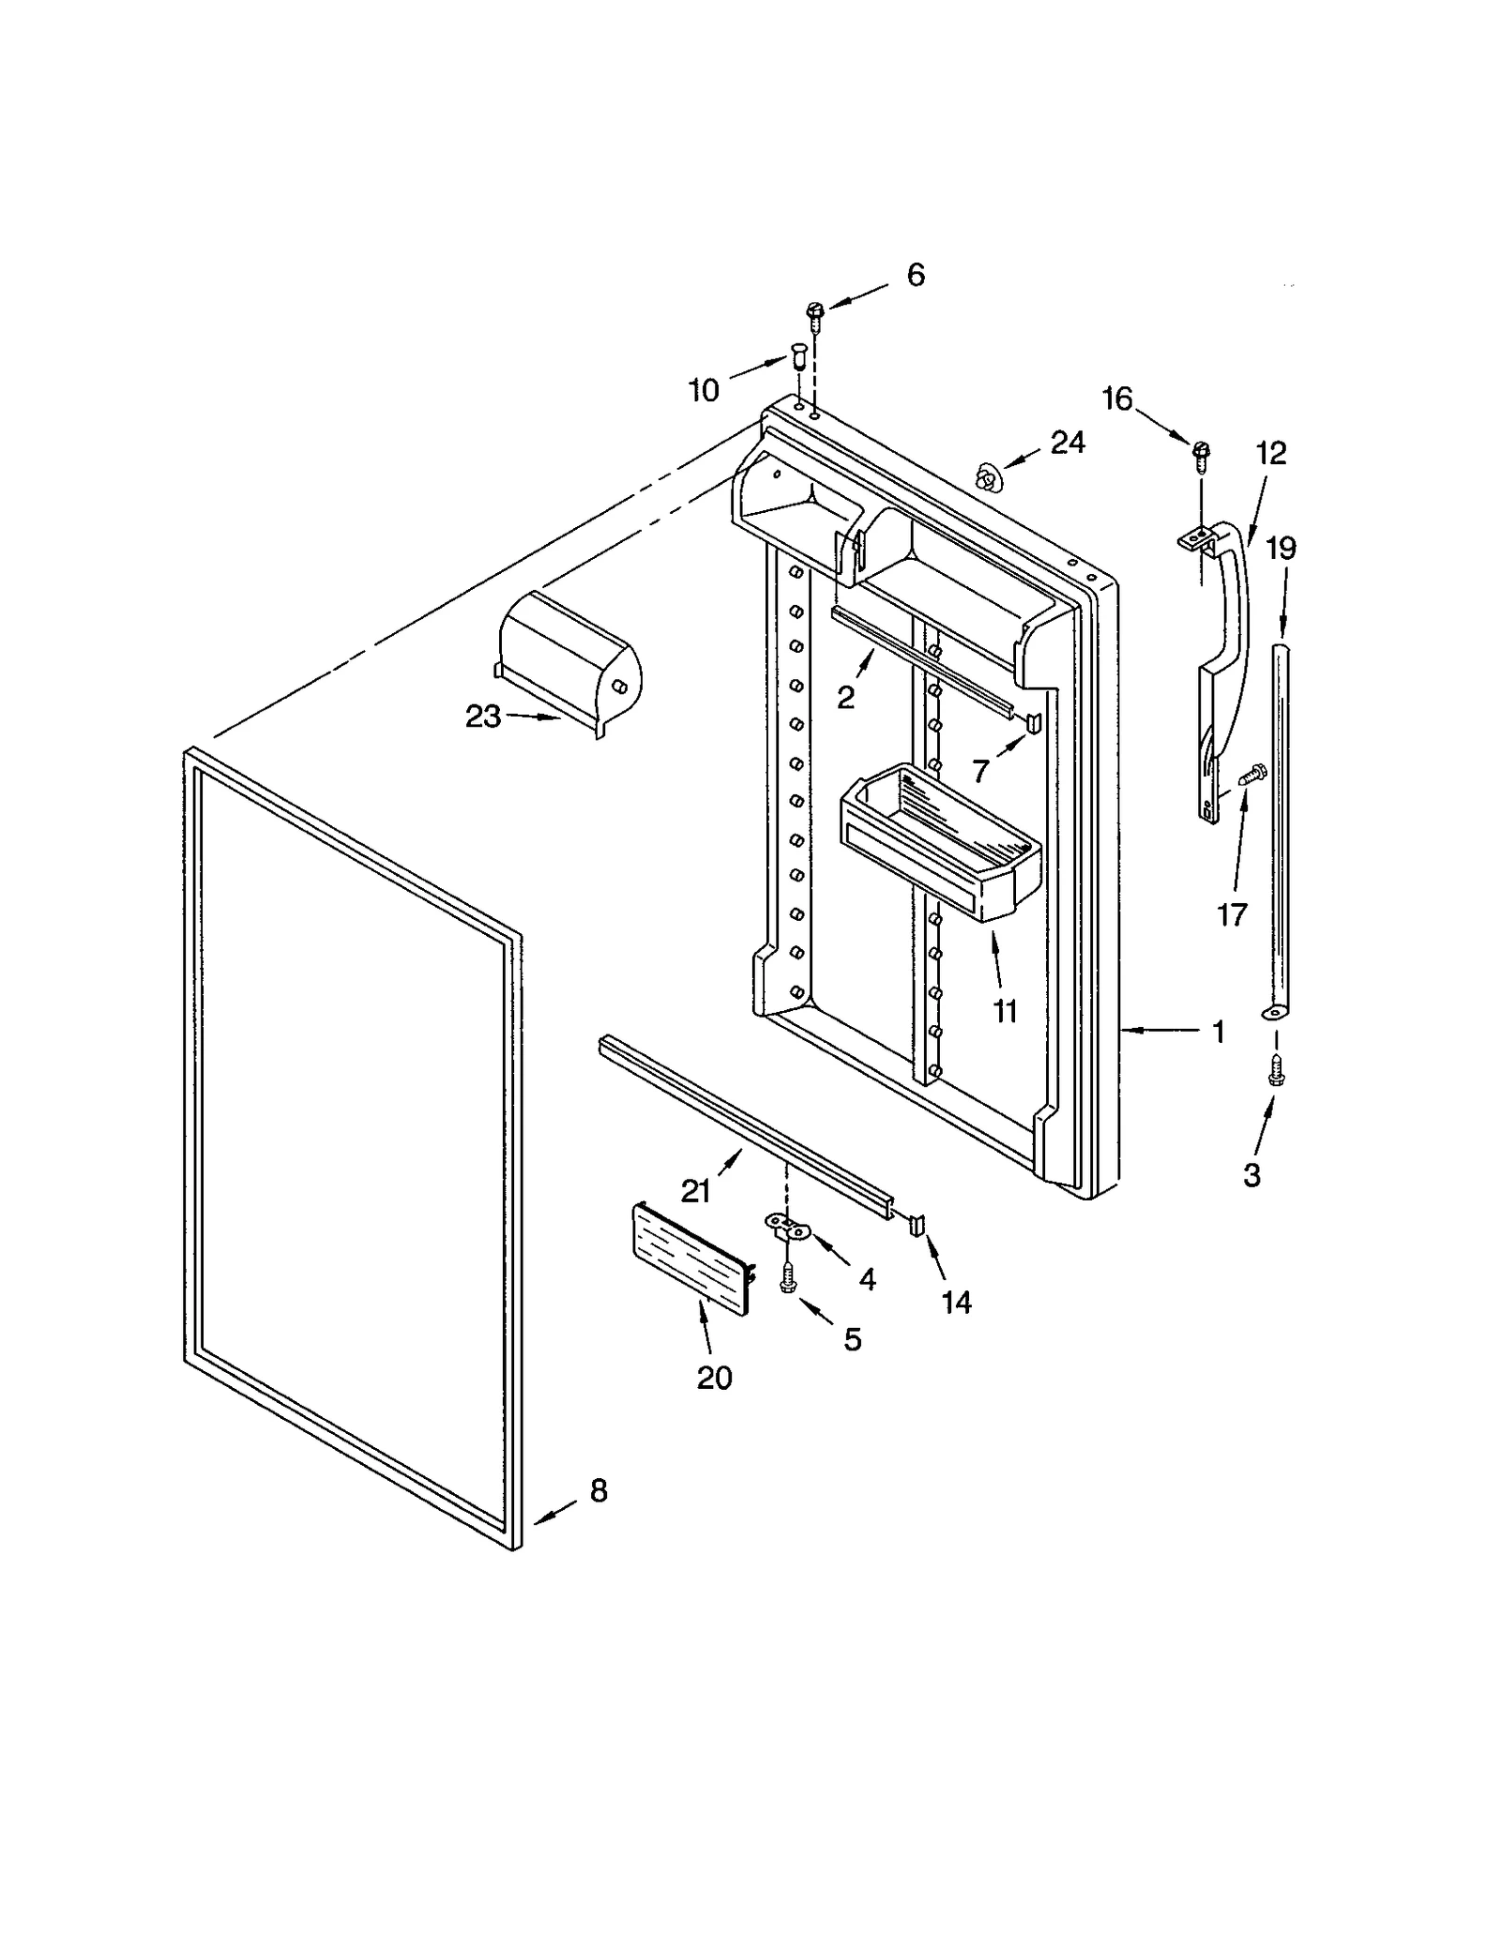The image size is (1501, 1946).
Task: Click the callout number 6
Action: pyautogui.click(x=915, y=275)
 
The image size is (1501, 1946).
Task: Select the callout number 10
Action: pyautogui.click(x=704, y=390)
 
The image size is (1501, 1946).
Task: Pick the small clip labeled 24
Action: pyautogui.click(x=986, y=477)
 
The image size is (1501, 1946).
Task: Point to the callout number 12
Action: pyautogui.click(x=1270, y=453)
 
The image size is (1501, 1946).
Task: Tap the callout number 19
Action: pyautogui.click(x=1281, y=548)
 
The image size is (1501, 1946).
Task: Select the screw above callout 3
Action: pyautogui.click(x=1275, y=1068)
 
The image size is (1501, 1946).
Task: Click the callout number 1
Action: pyautogui.click(x=1218, y=1033)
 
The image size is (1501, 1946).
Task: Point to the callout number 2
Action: pyautogui.click(x=845, y=697)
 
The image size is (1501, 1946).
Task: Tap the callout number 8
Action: pyautogui.click(x=599, y=1490)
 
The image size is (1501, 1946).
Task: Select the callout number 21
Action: pyautogui.click(x=695, y=1191)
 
